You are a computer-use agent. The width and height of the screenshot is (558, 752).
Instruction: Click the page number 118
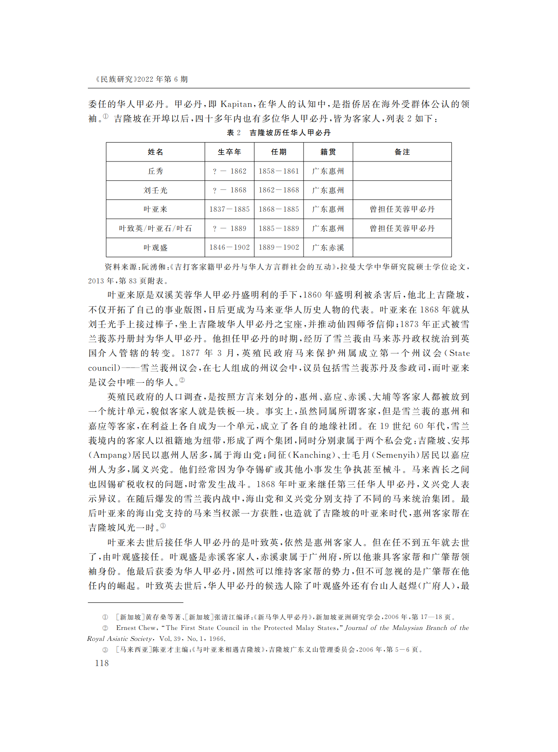pos(102,663)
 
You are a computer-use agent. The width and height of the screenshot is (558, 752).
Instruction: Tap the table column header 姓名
pos(155,152)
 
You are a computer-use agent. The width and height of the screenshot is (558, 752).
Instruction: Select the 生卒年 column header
pos(229,152)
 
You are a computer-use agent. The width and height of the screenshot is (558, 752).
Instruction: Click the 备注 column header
pos(402,152)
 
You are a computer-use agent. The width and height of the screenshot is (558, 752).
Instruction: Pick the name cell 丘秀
pos(155,171)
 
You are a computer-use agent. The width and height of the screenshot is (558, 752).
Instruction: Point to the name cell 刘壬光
pos(155,190)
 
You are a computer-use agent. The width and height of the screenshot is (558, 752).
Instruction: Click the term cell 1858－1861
pos(279,171)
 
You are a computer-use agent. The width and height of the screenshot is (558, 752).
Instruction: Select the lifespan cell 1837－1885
pos(229,209)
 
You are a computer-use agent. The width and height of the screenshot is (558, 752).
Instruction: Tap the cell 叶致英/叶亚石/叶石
pos(155,228)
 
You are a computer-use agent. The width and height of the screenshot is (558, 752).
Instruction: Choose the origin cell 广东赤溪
pos(328,248)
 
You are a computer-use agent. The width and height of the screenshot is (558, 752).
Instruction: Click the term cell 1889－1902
pos(279,248)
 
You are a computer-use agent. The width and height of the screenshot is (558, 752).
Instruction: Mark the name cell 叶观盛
pos(155,248)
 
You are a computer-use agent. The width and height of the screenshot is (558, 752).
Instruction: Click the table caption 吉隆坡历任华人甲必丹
pos(290,133)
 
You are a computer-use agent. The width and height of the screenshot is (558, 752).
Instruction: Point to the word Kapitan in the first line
pos(236,104)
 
